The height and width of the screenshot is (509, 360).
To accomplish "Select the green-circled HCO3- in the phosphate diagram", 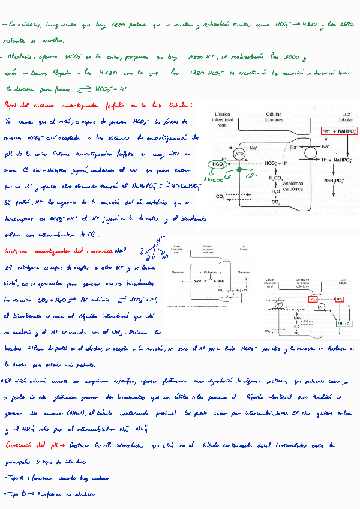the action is pos(218,164).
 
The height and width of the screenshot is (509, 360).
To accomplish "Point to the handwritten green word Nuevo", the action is pos(214,179).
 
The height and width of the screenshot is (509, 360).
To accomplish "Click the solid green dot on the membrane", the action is pos(239,170).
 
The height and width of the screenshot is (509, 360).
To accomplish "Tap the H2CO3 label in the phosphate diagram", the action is pos(275,178).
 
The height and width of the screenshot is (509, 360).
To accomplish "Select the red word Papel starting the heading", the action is pos(12,105).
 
